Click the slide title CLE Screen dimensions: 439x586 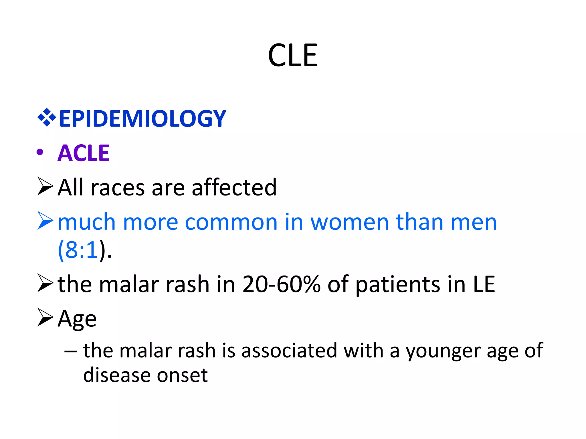[x=292, y=55]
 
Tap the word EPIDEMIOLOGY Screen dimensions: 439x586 [x=142, y=119]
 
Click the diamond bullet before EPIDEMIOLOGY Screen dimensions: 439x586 [x=46, y=117]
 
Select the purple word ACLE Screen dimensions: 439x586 [x=83, y=153]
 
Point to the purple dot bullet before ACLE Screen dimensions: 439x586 [x=40, y=152]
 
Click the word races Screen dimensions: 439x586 [x=118, y=188]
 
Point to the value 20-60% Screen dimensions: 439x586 [x=281, y=284]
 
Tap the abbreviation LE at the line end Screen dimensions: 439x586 [x=484, y=284]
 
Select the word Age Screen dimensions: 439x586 [x=77, y=319]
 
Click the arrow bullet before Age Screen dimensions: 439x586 [x=45, y=317]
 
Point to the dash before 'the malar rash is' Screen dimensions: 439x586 [x=70, y=351]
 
